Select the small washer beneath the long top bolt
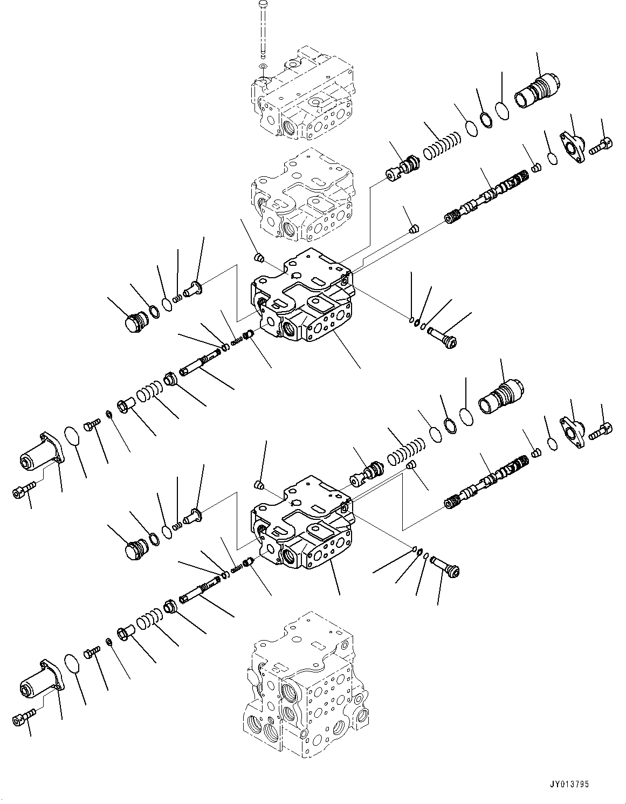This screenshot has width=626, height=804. coord(263,66)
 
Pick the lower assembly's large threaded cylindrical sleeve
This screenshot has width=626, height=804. coord(501,396)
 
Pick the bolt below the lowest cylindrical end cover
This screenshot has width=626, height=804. coord(23,718)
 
